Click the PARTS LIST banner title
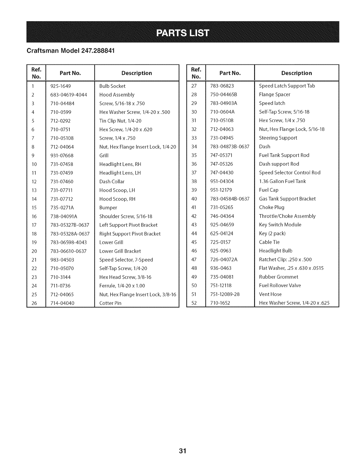coord(183,32)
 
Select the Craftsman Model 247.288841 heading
coord(70,50)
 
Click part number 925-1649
coord(61,86)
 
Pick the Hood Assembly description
coord(117,95)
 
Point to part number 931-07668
coord(62,156)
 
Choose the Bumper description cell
coord(108,208)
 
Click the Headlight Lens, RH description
coord(120,164)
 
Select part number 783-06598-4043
coord(69,242)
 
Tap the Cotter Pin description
coord(110,303)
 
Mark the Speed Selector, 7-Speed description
coord(126,260)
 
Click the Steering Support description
coord(278,138)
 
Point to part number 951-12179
coord(221,190)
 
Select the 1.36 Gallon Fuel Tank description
coord(282,181)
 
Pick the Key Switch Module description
coord(280,225)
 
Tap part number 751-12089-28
coord(225,294)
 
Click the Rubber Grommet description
coord(279,277)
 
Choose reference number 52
coord(194,303)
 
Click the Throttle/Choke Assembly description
coord(287,216)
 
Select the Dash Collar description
coord(112,182)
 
